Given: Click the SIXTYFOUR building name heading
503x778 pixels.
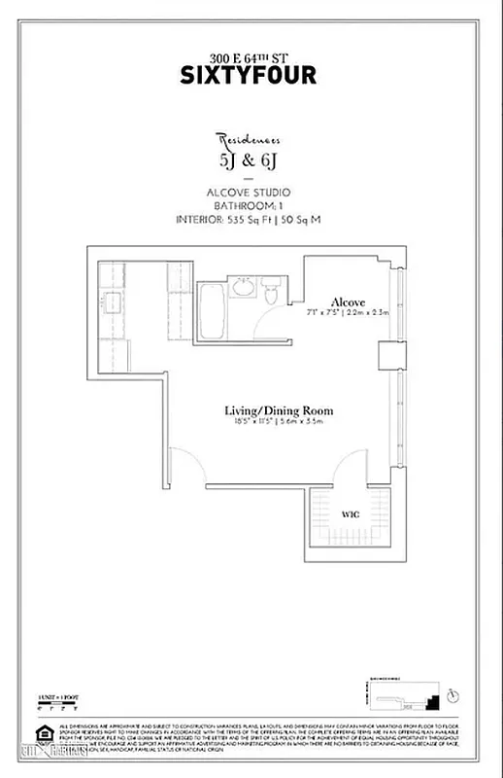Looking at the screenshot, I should tap(251, 73).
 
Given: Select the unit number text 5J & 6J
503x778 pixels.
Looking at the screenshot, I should tap(251, 160).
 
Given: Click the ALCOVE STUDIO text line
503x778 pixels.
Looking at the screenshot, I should tap(251, 193).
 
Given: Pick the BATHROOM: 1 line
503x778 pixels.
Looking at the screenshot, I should tap(251, 206).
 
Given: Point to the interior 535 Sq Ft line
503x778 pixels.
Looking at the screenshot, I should tap(251, 220).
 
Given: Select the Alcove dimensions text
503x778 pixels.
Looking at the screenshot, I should tap(346, 313).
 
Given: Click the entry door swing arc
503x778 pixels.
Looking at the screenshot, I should tap(184, 465).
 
